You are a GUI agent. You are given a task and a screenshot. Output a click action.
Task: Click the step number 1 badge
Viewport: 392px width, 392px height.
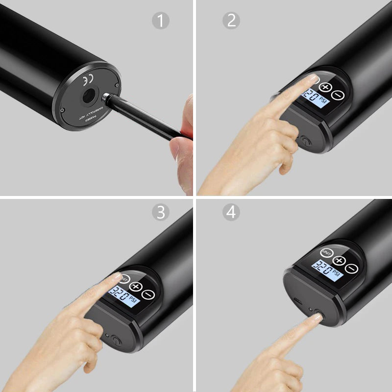click(160, 21)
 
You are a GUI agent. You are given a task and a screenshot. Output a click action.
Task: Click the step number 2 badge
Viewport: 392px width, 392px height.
click(231, 21)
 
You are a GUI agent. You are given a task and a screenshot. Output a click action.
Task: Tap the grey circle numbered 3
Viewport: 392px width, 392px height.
click(160, 212)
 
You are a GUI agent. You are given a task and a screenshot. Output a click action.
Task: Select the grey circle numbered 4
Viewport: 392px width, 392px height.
click(231, 212)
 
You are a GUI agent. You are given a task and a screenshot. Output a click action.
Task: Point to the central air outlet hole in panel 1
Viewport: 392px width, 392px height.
click(89, 96)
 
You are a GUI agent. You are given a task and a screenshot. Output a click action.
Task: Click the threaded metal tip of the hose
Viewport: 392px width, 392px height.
click(107, 98)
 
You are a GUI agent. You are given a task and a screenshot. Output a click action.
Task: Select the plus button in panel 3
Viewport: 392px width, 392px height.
click(136, 287)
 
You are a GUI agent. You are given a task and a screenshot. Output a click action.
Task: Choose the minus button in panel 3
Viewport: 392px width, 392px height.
click(148, 295)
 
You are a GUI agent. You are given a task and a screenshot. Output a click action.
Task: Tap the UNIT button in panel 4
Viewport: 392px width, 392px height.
click(327, 253)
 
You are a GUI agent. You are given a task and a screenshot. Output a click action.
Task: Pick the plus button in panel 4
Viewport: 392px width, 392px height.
click(339, 261)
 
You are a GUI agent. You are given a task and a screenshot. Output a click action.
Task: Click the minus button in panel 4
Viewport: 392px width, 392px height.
click(350, 269)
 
